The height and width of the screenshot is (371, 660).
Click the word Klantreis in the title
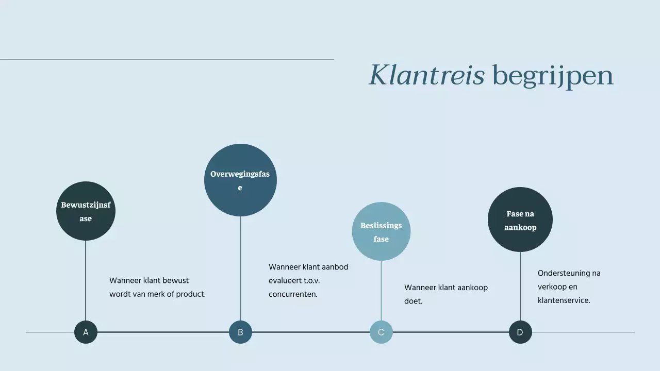coord(426,75)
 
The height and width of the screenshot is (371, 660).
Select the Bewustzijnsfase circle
coord(86,211)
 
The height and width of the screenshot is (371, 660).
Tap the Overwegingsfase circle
coord(240,180)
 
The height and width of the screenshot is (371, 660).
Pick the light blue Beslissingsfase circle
coord(381,232)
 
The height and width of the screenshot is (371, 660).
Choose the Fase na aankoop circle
coord(520,220)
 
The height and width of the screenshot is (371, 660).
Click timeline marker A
coord(86,332)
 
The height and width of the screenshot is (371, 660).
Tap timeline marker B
coord(240,332)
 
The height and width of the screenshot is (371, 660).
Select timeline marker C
coord(381,332)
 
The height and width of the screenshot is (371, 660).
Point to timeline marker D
coord(520,332)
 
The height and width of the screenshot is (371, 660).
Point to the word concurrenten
coord(292,294)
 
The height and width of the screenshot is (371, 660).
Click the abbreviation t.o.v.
coord(308,281)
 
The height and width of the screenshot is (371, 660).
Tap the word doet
coord(413,301)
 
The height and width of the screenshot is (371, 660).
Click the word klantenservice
coord(563,300)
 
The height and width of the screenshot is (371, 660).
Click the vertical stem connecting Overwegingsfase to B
coord(240,268)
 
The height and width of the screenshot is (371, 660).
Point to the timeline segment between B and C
coord(311,332)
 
